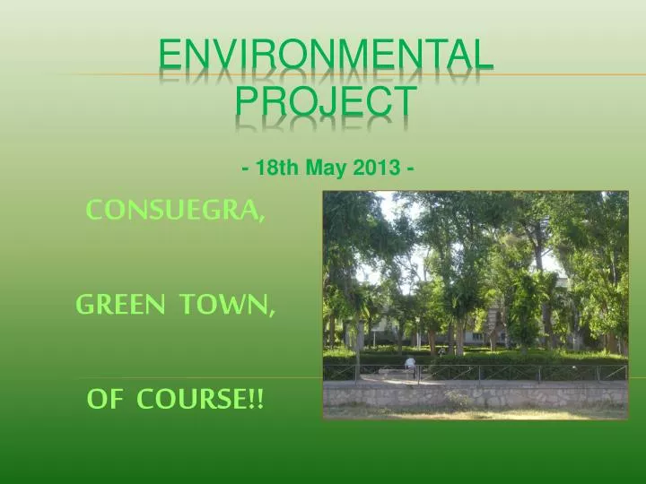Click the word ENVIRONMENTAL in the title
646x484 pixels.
tap(326, 56)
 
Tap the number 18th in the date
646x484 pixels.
tap(276, 168)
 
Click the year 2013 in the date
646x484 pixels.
tap(372, 168)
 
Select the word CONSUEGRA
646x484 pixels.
tap(173, 211)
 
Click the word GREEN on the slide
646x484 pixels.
tap(120, 306)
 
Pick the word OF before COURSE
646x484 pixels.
tap(104, 400)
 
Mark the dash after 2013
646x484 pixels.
tap(409, 168)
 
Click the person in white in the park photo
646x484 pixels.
tap(410, 364)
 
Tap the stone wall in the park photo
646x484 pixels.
tap(476, 394)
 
